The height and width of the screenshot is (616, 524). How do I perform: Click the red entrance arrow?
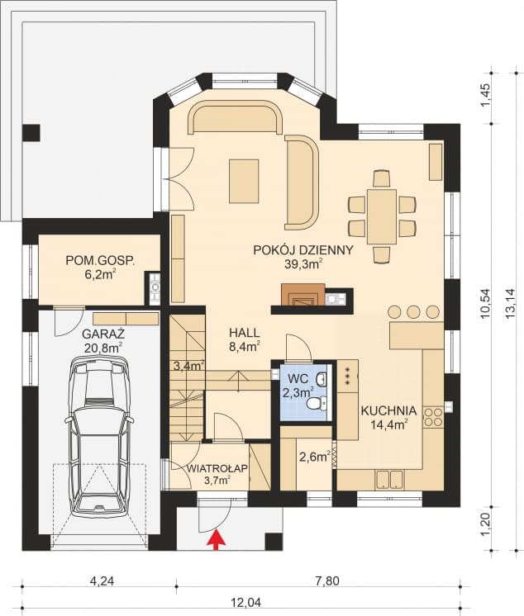217,540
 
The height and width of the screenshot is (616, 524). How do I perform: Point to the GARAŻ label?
102,334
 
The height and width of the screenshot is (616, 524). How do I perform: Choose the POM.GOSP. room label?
100,261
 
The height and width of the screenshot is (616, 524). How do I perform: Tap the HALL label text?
245,332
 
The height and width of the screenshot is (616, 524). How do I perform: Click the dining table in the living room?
382,216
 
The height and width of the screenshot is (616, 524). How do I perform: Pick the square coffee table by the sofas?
244,178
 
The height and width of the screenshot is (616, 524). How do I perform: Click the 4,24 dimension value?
101,581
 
